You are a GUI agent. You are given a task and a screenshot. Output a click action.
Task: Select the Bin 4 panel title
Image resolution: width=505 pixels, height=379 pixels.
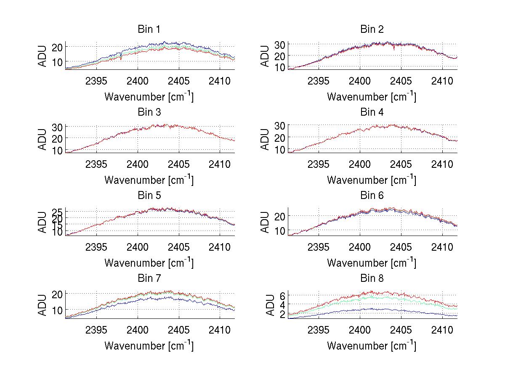coord(372,112)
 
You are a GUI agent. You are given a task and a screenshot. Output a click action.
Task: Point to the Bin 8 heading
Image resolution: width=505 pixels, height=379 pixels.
coord(372,278)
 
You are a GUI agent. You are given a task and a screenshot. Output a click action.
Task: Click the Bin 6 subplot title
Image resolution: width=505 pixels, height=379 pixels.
coord(372,196)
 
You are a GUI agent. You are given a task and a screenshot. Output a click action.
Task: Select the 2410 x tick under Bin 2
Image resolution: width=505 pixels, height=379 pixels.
coord(442,80)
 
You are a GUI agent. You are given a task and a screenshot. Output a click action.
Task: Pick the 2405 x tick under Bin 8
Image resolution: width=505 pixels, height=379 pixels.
coord(401,329)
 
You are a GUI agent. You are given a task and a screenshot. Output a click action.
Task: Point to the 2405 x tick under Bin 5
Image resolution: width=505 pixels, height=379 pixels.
coord(179,246)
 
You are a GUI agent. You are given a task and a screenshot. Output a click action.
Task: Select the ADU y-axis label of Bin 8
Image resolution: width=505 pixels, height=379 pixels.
coord(266,305)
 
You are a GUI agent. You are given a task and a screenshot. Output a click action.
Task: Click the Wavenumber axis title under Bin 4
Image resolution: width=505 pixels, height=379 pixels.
coord(372,180)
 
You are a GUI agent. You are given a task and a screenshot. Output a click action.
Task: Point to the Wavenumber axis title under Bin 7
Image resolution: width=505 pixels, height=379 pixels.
coord(149,346)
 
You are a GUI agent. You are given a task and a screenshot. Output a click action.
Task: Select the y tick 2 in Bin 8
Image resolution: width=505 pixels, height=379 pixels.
coord(283,314)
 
